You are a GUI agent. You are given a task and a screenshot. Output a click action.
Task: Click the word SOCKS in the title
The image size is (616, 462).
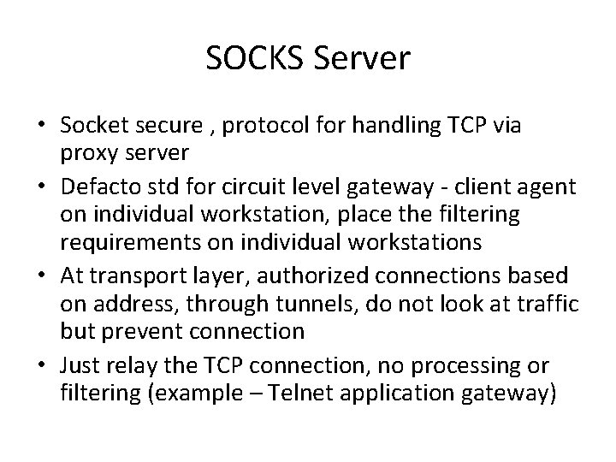pyautogui.click(x=246, y=59)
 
